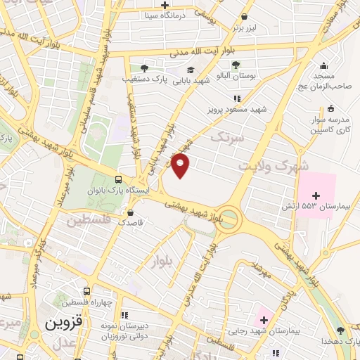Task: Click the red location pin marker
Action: click(181, 165)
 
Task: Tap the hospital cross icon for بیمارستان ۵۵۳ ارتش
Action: click(315, 195)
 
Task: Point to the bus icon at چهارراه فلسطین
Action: click(86, 291)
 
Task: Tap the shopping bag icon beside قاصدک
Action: click(130, 212)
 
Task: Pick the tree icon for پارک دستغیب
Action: click(144, 69)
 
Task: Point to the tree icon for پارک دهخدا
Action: click(340, 330)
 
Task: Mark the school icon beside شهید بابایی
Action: click(191, 69)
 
